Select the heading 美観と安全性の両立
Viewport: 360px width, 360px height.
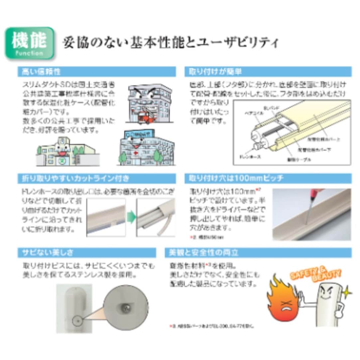click(x=203, y=253)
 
